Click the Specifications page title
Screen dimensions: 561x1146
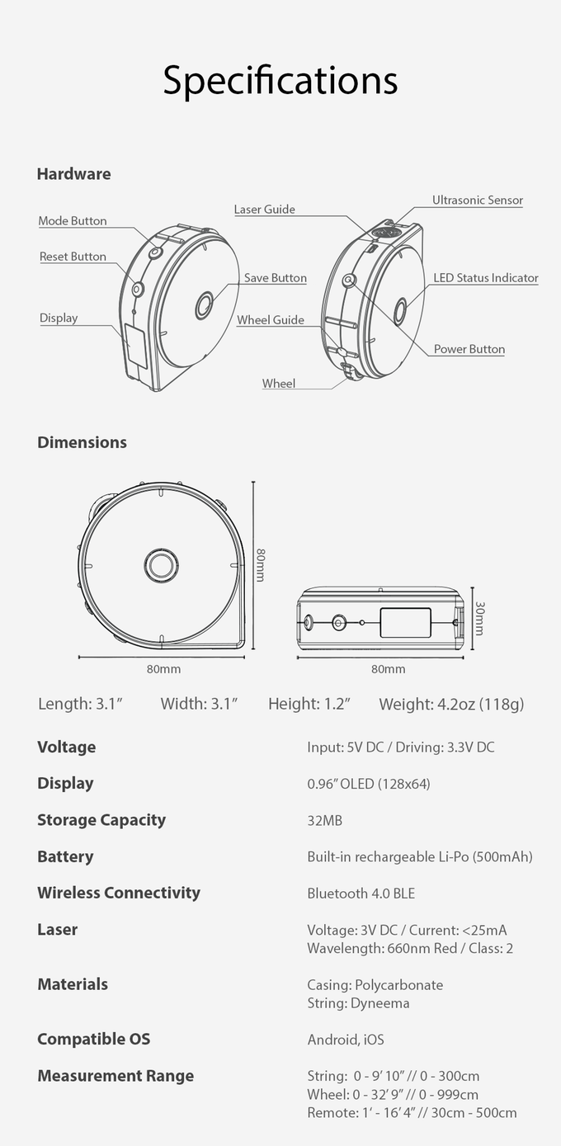(280, 81)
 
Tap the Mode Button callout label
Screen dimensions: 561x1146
(73, 221)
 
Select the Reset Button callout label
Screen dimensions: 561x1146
(73, 257)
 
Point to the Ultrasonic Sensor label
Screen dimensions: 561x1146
(478, 200)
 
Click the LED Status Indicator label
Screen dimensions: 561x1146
(486, 278)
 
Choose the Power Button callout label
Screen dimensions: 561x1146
(469, 349)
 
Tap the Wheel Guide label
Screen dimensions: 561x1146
(271, 320)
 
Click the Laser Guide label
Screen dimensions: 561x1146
(264, 210)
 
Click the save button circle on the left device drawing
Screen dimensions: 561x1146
(205, 305)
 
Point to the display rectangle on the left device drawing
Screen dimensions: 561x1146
(136, 345)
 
